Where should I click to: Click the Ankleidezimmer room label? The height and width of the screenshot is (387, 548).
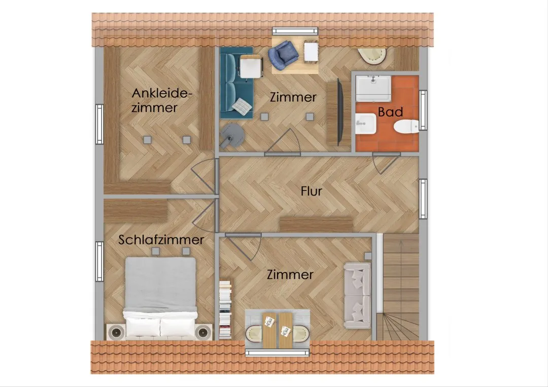pyautogui.click(x=162, y=100)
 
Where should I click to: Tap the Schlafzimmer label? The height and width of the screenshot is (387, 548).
pyautogui.click(x=161, y=240)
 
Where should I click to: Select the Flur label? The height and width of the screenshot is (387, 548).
pyautogui.click(x=311, y=191)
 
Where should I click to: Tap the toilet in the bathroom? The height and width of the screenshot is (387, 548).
pyautogui.click(x=406, y=126)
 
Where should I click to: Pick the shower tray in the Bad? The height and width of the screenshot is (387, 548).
pyautogui.click(x=373, y=88)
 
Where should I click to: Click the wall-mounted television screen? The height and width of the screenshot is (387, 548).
pyautogui.click(x=339, y=112)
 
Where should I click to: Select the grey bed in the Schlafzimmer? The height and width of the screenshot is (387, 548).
pyautogui.click(x=160, y=298)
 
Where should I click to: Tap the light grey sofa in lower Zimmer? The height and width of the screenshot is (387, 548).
pyautogui.click(x=357, y=295)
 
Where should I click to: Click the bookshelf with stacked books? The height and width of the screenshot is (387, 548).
pyautogui.click(x=225, y=309)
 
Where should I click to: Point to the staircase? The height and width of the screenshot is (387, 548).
pyautogui.click(x=400, y=287)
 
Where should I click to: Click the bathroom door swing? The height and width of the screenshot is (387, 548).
pyautogui.click(x=385, y=163)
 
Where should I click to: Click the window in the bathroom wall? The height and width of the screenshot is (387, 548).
pyautogui.click(x=423, y=110)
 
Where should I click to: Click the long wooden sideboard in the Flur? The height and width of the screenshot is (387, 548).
pyautogui.click(x=316, y=224)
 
